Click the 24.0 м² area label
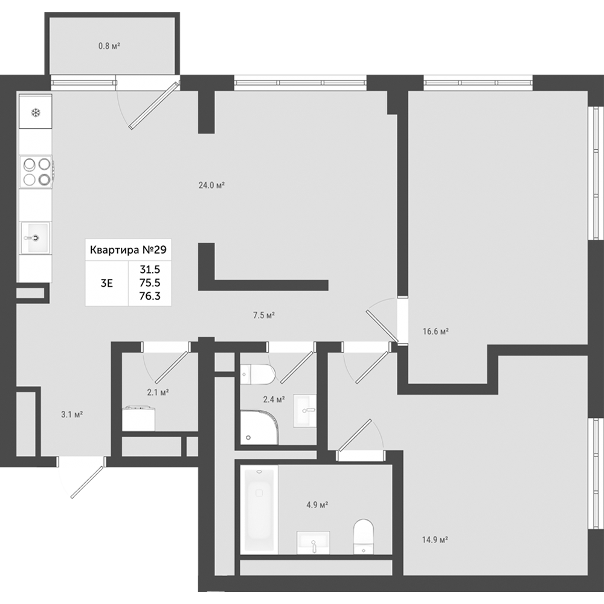211,185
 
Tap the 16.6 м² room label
435,331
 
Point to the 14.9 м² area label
434,539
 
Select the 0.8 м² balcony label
109,47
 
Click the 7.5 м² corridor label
263,315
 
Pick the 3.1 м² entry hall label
72,414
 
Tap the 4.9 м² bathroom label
317,504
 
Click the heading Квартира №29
128,250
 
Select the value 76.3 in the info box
150,296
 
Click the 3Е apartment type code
107,283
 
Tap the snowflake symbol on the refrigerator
36,114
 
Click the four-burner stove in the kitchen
36,172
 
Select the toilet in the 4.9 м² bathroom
364,536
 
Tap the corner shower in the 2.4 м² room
259,427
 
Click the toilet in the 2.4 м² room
257,374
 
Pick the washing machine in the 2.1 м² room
139,419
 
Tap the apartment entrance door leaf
88,482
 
